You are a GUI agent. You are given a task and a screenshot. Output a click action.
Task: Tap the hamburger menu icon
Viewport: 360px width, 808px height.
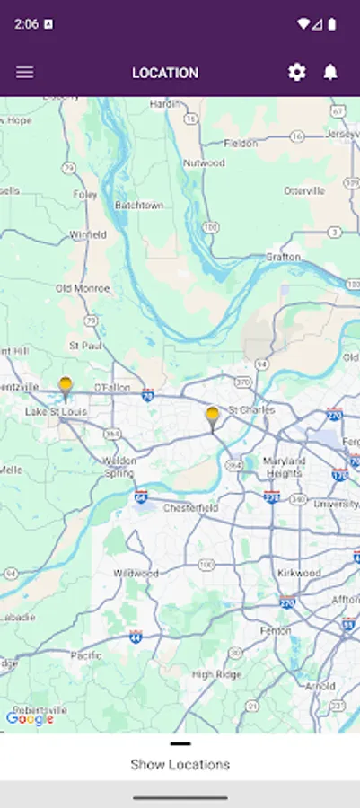tap(25, 73)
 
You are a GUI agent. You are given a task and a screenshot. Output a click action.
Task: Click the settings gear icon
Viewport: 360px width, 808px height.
tap(297, 73)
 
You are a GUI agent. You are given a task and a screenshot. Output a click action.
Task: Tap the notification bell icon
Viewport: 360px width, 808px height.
tap(330, 73)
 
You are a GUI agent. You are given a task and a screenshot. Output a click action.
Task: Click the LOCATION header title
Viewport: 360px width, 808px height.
tap(165, 73)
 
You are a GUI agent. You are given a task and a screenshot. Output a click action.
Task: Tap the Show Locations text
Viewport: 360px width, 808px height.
tap(180, 765)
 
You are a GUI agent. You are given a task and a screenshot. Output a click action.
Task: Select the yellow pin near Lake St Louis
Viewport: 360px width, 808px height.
tap(66, 388)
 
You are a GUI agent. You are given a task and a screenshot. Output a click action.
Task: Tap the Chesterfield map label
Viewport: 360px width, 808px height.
tap(190, 507)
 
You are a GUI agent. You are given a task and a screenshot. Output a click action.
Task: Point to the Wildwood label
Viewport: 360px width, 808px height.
tap(136, 573)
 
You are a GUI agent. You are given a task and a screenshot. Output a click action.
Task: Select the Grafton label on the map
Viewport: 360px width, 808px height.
tap(283, 257)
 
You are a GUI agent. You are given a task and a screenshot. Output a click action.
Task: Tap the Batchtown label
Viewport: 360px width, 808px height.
tap(139, 206)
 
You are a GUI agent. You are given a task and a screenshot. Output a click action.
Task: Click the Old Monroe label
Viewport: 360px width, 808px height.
tap(83, 289)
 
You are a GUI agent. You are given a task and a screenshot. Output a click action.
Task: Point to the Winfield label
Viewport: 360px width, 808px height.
tap(88, 235)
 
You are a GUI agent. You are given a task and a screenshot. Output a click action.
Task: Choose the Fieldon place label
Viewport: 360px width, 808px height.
tap(241, 143)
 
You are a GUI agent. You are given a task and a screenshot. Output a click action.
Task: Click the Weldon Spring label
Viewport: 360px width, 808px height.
tap(119, 467)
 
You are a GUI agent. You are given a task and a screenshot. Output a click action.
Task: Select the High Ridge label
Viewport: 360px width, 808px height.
tap(215, 674)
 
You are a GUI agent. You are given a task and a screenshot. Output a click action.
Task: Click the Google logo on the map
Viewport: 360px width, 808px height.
tap(30, 718)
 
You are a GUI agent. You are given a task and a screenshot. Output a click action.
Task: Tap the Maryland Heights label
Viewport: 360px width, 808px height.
tap(284, 467)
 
